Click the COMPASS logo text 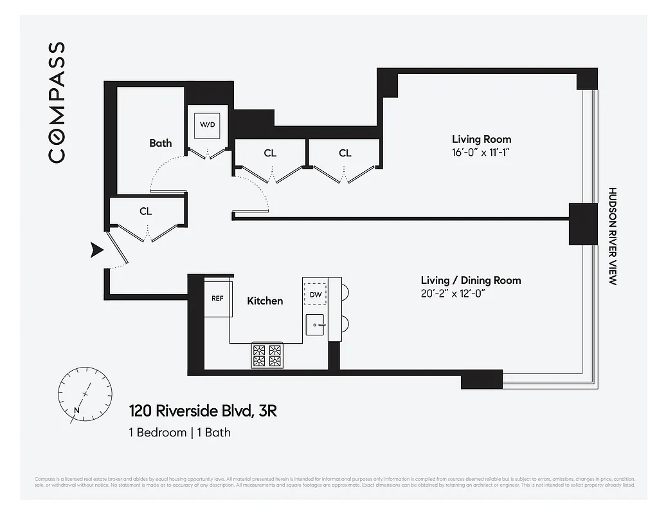[x=57, y=102]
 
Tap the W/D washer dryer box [x=207, y=124]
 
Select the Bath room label [x=160, y=143]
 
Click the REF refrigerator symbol [x=217, y=298]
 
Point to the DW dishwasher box [x=315, y=294]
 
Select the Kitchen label [x=265, y=301]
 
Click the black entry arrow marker [x=97, y=250]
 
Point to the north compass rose [x=85, y=393]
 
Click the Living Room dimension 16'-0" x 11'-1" [x=482, y=153]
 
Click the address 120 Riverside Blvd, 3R [x=203, y=411]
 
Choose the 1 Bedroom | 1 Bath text [x=179, y=432]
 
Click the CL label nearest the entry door [x=145, y=211]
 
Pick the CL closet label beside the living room [x=345, y=153]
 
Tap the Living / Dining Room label [x=471, y=280]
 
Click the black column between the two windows [x=582, y=223]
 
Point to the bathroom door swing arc [x=157, y=174]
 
